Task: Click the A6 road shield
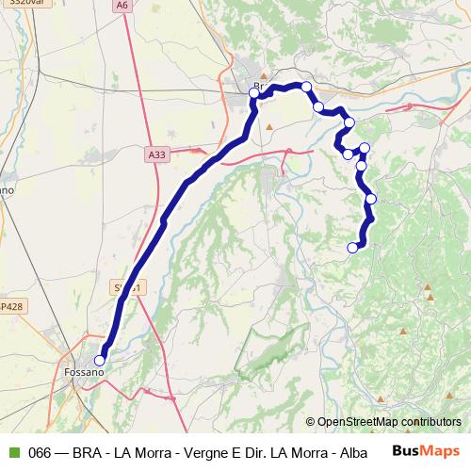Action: click(122, 6)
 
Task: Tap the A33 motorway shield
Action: click(157, 152)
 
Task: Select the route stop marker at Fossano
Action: click(100, 358)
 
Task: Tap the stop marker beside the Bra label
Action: click(254, 92)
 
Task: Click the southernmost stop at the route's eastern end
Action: click(353, 248)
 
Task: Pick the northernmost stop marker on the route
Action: click(305, 87)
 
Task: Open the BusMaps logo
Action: click(424, 451)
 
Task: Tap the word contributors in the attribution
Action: click(434, 423)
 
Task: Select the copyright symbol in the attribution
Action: click(312, 423)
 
